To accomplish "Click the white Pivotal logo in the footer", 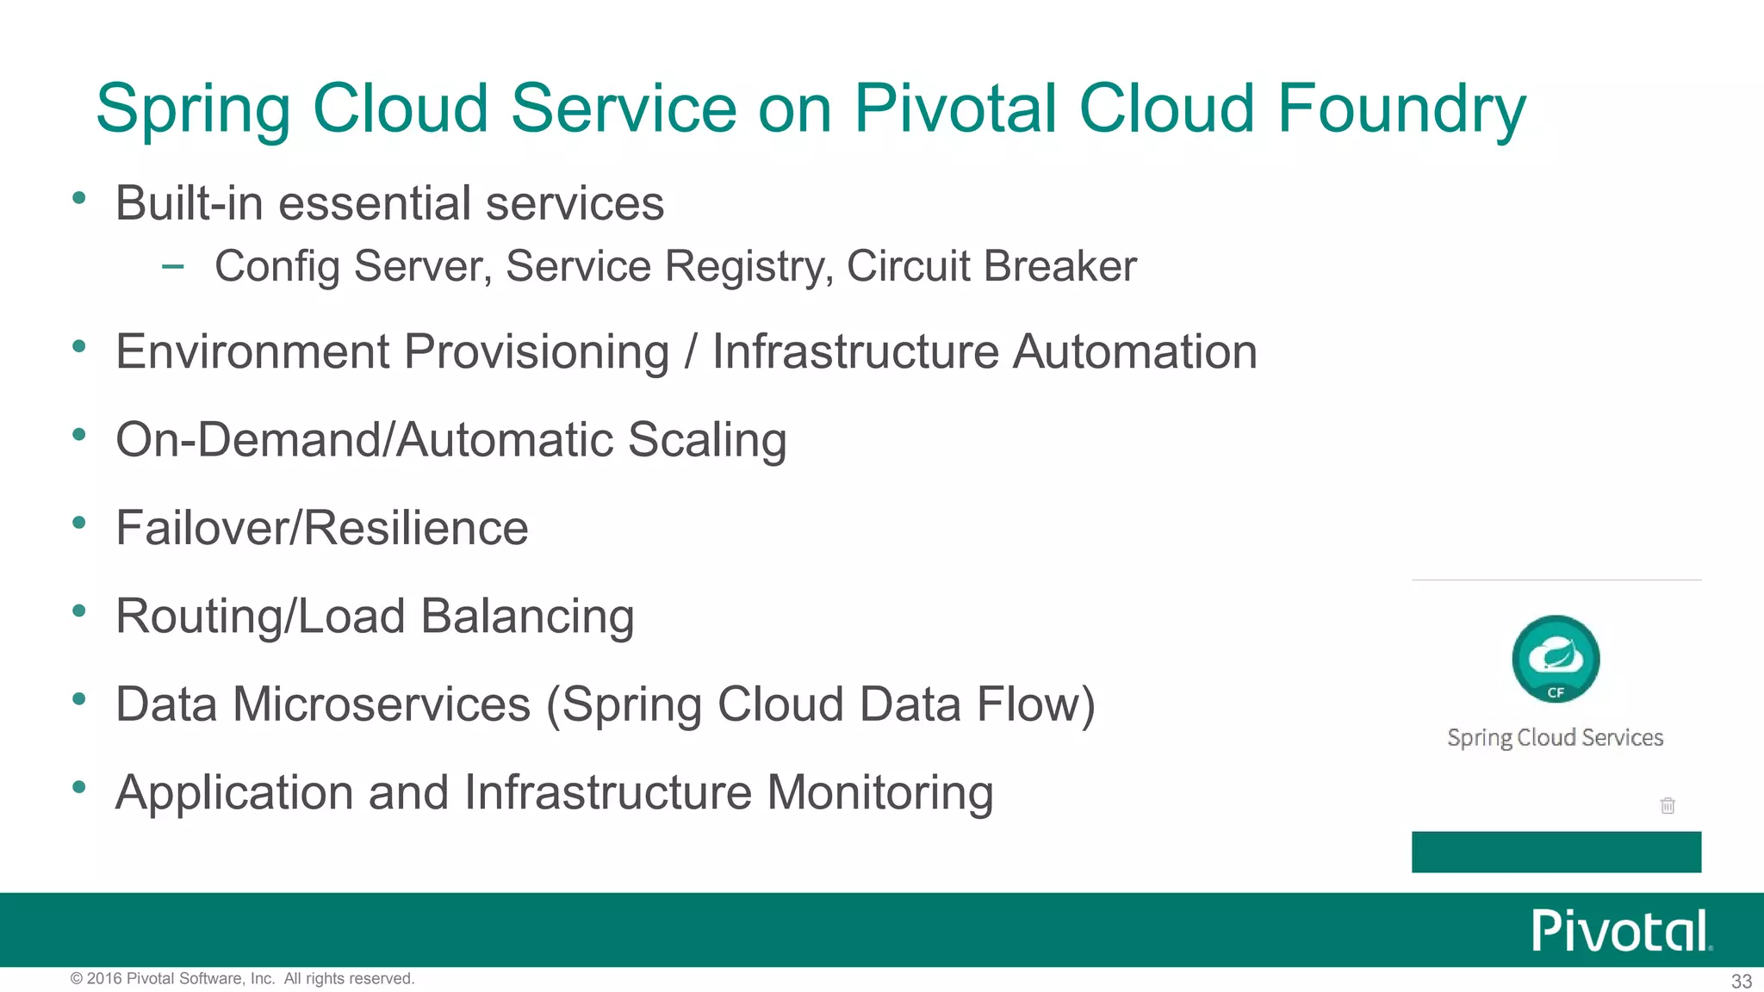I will click(x=1619, y=931).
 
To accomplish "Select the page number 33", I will click(x=1741, y=981).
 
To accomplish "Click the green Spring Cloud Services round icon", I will click(x=1556, y=659).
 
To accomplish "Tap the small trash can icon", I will click(x=1668, y=805).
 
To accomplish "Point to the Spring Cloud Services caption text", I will click(x=1555, y=738).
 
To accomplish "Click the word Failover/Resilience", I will click(x=322, y=528).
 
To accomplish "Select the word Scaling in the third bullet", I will click(x=706, y=440).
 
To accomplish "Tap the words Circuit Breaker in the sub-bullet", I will click(x=991, y=266).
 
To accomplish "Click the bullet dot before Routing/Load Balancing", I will click(x=79, y=611).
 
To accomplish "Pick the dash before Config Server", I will click(x=172, y=266).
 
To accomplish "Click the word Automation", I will click(x=1134, y=352).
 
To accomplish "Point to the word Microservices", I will click(x=381, y=704).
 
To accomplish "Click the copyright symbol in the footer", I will click(x=76, y=978).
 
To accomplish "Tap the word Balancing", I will click(x=527, y=617).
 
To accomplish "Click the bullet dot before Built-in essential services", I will click(x=79, y=198).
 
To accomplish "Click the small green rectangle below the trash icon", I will click(x=1556, y=852).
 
